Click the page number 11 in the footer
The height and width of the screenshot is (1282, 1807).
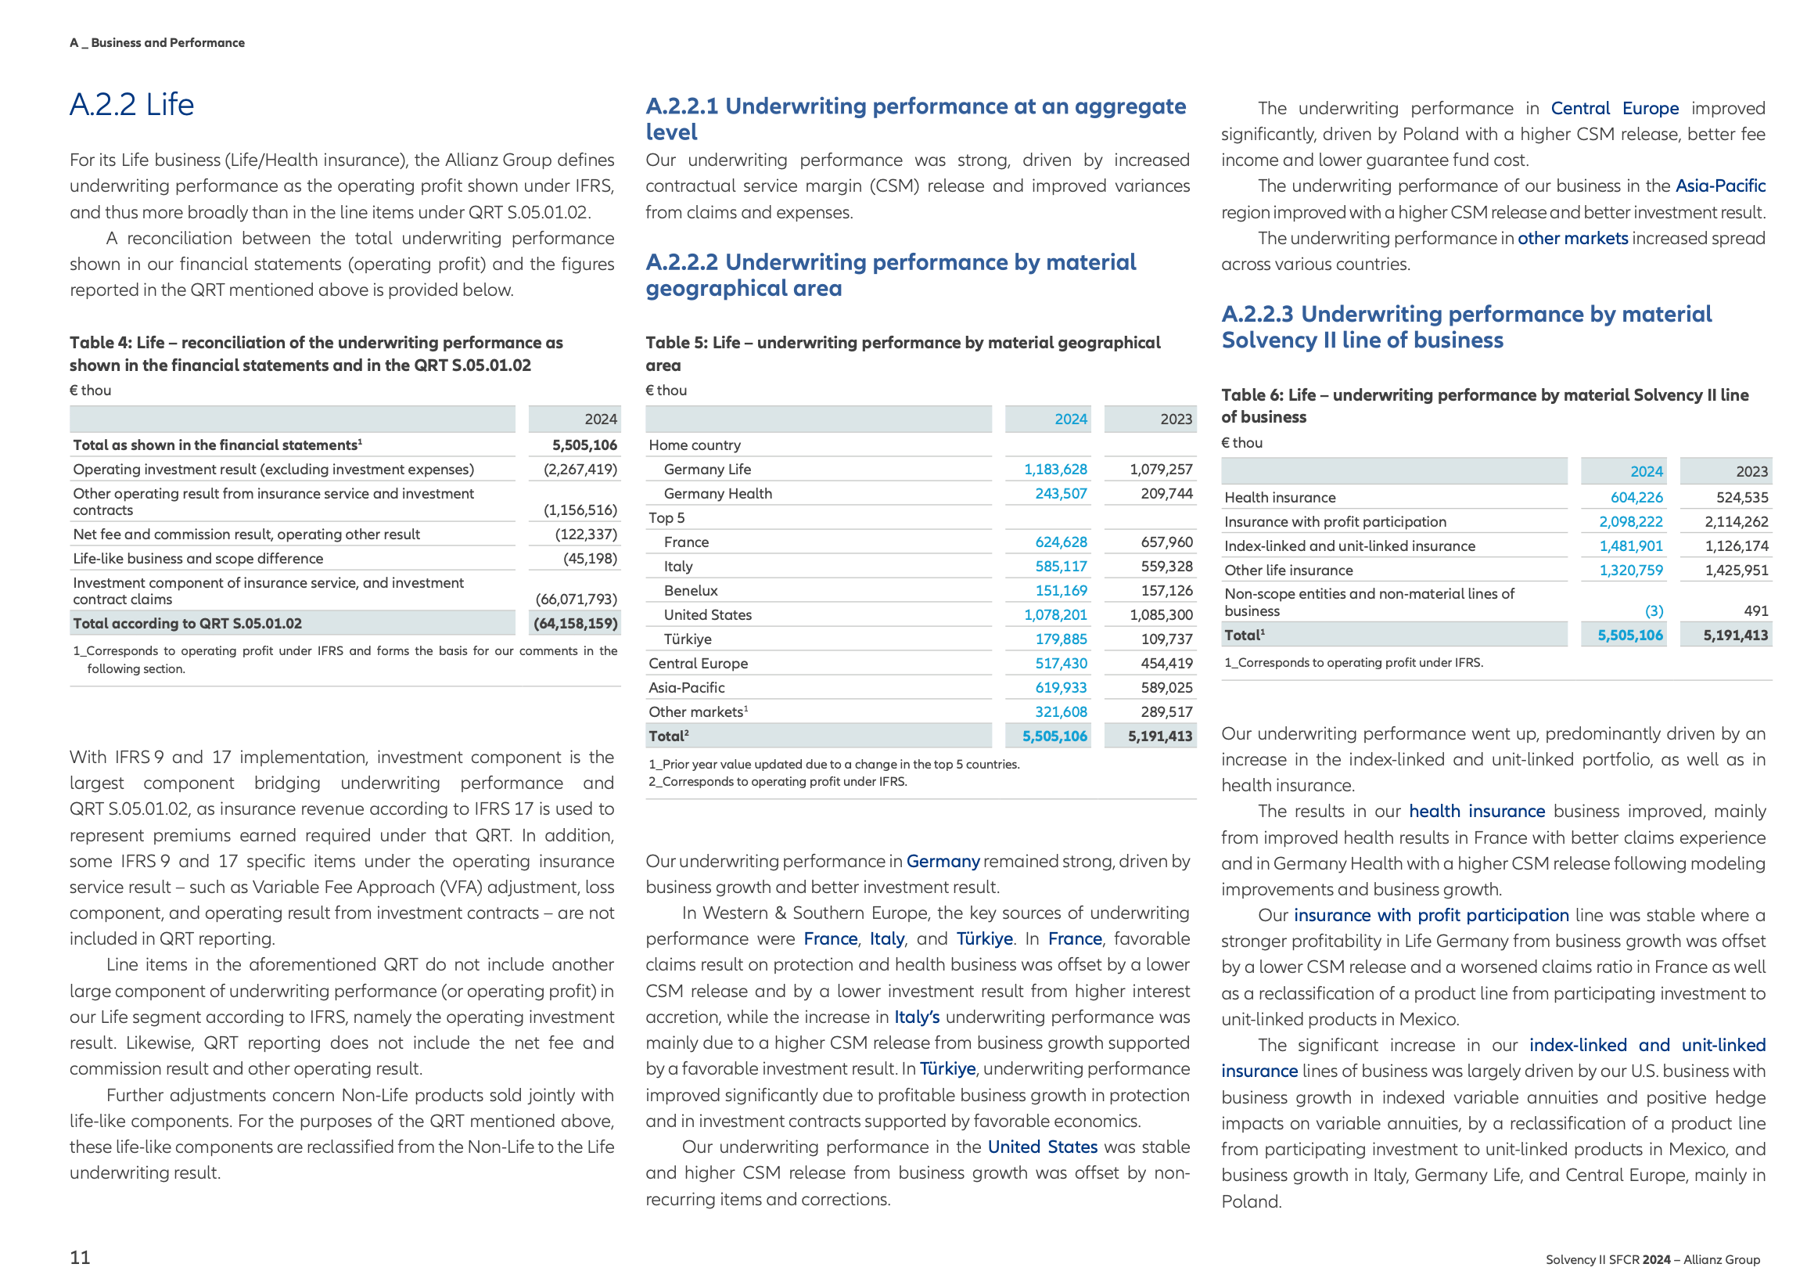click(x=80, y=1257)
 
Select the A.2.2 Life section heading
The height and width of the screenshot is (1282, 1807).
click(x=131, y=105)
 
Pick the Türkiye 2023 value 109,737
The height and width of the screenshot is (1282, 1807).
click(x=1166, y=639)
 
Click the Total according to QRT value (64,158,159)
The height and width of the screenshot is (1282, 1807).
click(x=574, y=623)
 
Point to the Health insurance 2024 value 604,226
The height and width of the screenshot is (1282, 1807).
click(x=1636, y=497)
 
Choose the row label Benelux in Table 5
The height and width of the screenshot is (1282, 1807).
click(x=691, y=590)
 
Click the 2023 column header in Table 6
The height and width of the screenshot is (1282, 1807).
click(x=1751, y=471)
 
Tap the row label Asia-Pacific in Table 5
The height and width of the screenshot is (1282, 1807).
click(x=687, y=688)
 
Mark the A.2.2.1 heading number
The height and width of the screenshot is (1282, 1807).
click(x=682, y=106)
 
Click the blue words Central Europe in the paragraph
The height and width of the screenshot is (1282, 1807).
click(x=1614, y=108)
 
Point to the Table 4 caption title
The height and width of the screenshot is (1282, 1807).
click(x=315, y=354)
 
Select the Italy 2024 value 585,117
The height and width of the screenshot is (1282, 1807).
click(x=1061, y=566)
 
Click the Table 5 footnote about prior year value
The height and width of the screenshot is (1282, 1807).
click(x=833, y=764)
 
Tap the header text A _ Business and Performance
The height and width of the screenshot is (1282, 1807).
click(x=157, y=42)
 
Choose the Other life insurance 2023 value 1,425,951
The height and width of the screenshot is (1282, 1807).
click(x=1736, y=570)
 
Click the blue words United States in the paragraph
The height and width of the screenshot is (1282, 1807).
click(x=1042, y=1147)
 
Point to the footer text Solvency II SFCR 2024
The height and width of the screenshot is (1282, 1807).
click(x=1608, y=1259)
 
